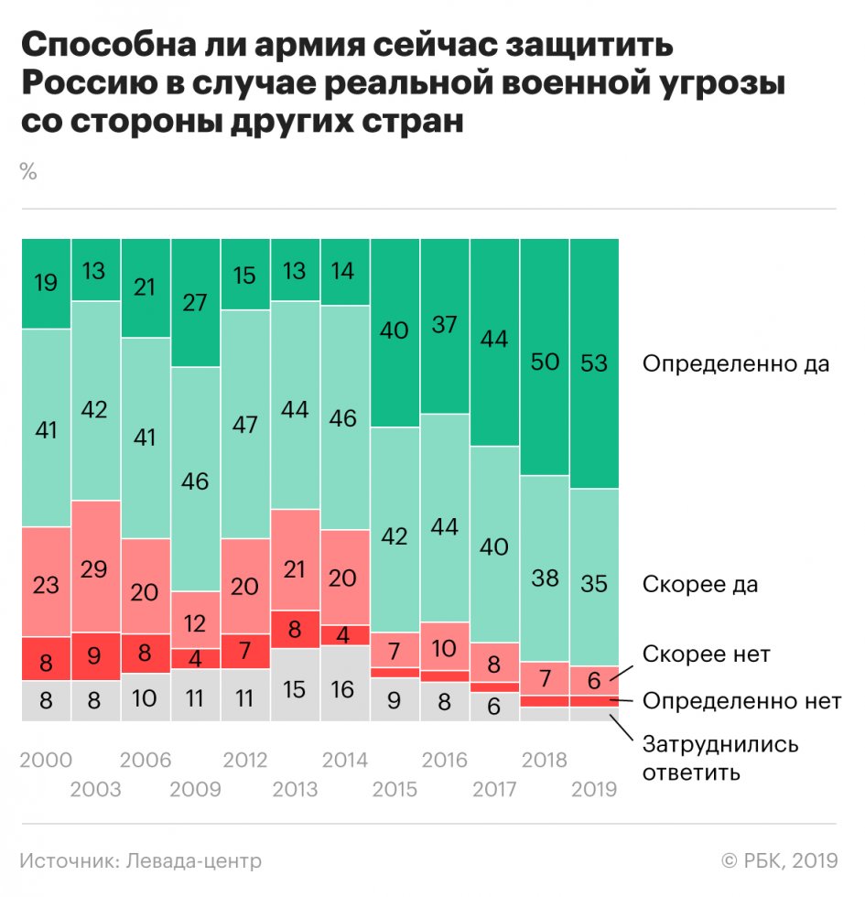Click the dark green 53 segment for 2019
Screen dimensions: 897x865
[594, 363]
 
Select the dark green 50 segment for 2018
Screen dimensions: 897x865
[545, 357]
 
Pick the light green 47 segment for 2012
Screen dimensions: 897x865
[245, 425]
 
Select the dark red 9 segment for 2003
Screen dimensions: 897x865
[95, 655]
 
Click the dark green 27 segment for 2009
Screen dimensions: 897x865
[195, 303]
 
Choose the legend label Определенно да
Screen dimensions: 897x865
[735, 364]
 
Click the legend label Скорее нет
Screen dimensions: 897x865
[706, 654]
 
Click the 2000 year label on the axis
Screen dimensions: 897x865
[46, 760]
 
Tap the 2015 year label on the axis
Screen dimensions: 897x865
[395, 789]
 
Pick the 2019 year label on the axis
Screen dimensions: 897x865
[594, 789]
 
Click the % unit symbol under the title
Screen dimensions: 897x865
[28, 171]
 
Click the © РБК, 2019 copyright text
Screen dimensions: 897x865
[780, 860]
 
